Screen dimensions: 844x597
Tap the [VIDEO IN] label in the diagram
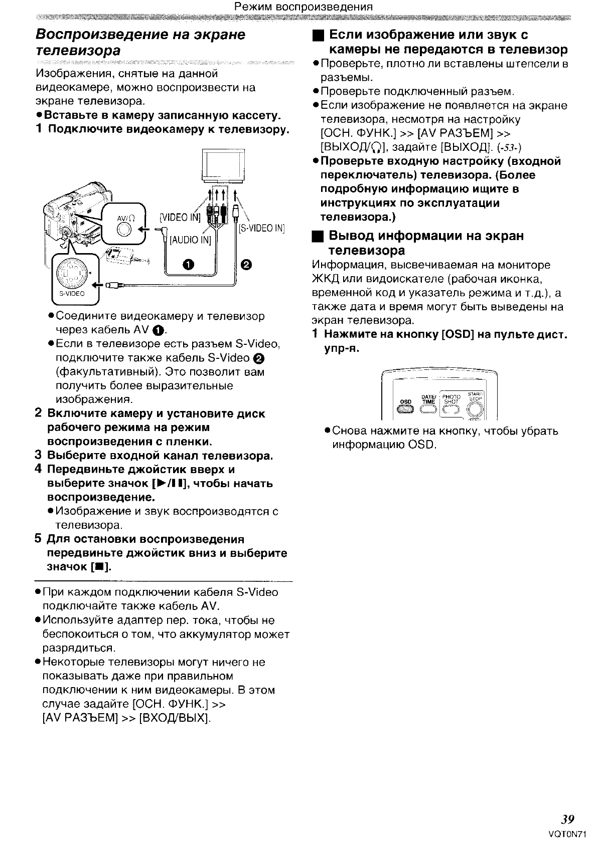click(180, 217)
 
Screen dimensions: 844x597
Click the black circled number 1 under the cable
click(188, 265)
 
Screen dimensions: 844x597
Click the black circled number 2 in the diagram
click(246, 265)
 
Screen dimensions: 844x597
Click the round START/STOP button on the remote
click(475, 409)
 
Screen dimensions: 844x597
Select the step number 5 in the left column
click(38, 539)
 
